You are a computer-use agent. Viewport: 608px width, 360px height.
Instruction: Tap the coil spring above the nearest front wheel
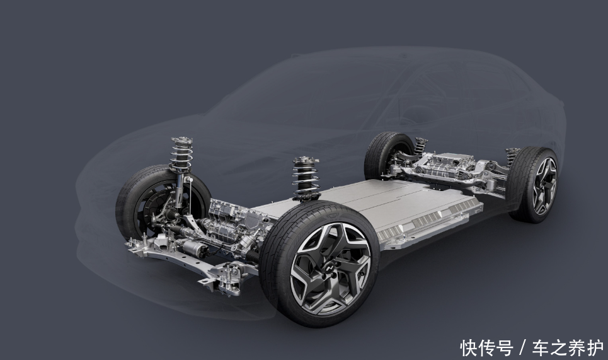[x=306, y=179]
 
